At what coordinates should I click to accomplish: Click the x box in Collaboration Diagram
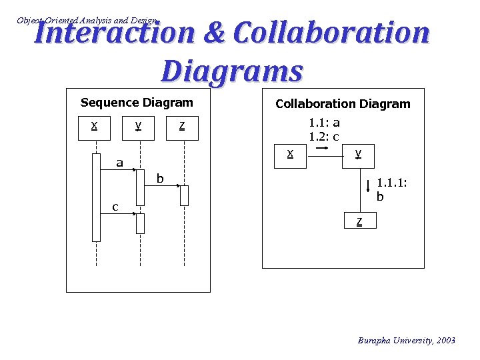(290, 155)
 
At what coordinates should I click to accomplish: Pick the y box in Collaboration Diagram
(359, 155)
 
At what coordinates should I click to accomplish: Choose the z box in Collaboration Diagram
(360, 221)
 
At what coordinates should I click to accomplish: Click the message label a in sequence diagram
(119, 162)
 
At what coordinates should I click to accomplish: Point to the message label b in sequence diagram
(159, 178)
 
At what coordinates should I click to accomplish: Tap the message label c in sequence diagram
(115, 207)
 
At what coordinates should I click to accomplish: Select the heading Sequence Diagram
(137, 103)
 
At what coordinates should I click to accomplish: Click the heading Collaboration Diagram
(343, 104)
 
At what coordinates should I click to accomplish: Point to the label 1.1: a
(324, 123)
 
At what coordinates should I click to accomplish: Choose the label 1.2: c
(324, 137)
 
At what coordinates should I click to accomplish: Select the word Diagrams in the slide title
(232, 71)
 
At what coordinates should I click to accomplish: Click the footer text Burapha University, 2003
(407, 341)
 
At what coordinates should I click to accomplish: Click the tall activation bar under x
(96, 197)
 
